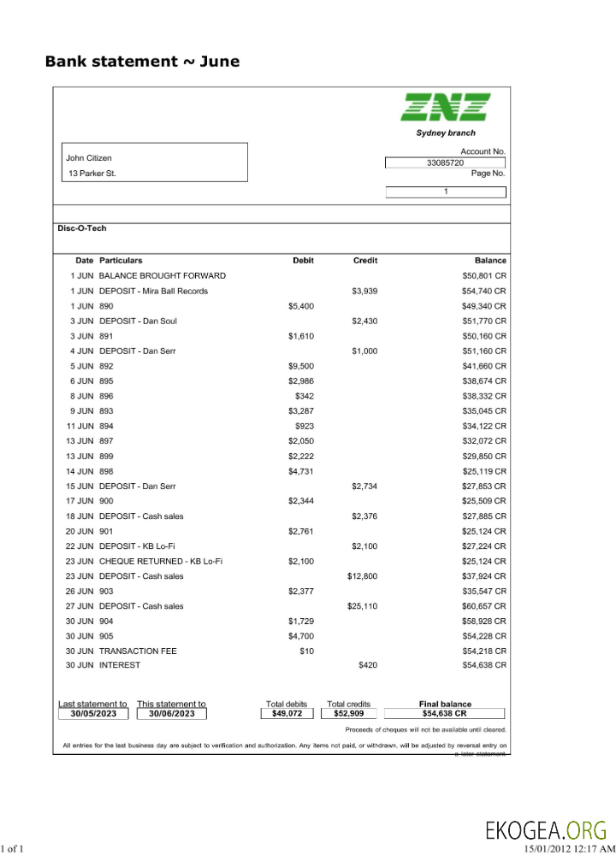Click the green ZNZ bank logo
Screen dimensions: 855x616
tap(446, 107)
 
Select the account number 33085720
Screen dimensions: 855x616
tap(445, 162)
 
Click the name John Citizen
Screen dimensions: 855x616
tap(89, 158)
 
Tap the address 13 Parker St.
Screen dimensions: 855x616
tap(92, 174)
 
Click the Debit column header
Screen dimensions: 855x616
tap(303, 260)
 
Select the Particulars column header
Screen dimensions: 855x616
tap(121, 260)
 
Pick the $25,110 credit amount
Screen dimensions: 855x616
tap(362, 606)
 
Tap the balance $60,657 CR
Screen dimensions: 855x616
tap(484, 606)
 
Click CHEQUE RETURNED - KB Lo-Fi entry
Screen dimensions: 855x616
tap(161, 561)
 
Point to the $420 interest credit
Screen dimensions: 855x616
tap(367, 664)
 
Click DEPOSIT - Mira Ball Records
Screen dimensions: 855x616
tap(153, 291)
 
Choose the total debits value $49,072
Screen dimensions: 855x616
tap(287, 713)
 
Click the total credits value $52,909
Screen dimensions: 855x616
tap(348, 713)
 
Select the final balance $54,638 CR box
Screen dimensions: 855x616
tap(444, 713)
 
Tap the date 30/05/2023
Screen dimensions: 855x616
tap(92, 713)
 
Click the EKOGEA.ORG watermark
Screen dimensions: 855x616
tap(546, 830)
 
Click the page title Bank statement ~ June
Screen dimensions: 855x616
tap(142, 62)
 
